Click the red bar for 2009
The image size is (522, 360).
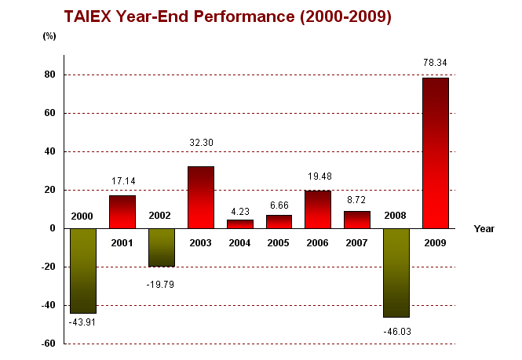[436, 153]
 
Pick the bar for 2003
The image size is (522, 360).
[200, 197]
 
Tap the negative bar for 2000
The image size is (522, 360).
[82, 271]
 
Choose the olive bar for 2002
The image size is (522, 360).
[161, 247]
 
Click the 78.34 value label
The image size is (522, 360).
[436, 61]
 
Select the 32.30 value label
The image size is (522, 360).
[200, 143]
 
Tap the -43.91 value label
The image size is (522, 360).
[82, 321]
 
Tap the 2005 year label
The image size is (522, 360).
[279, 242]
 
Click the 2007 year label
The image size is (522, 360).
[357, 242]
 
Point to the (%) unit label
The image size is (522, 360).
[49, 37]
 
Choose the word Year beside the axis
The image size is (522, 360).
[484, 228]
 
